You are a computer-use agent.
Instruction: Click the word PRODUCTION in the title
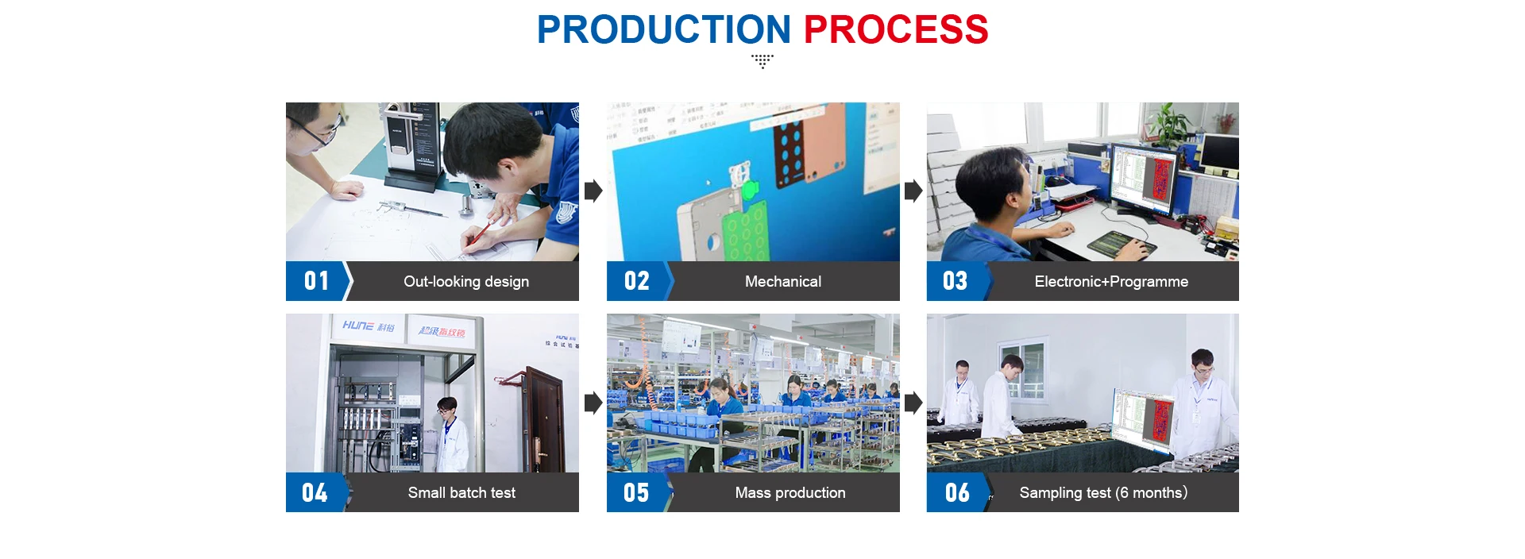coord(663,30)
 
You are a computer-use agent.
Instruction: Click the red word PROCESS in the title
coord(895,30)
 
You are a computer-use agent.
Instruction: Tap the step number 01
coord(316,281)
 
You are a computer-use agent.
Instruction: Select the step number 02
coord(636,281)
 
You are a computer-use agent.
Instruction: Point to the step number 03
coord(955,281)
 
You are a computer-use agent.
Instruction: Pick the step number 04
coord(315,493)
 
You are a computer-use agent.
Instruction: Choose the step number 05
coord(635,493)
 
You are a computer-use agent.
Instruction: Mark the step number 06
coord(956,493)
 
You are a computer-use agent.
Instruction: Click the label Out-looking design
coord(465,282)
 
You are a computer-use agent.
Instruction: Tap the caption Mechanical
coord(782,282)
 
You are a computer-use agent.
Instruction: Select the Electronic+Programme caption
coord(1110,282)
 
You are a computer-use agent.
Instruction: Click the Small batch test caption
coord(461,493)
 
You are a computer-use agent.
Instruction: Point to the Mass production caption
coord(790,493)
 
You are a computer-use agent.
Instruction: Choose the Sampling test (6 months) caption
coord(1102,493)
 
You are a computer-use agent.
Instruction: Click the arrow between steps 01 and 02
coord(593,191)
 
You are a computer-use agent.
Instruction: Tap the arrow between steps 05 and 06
coord(913,403)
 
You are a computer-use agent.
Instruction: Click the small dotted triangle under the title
coord(762,61)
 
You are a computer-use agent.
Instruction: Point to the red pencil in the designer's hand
coord(480,233)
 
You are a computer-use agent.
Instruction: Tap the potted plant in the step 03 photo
coord(1168,123)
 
